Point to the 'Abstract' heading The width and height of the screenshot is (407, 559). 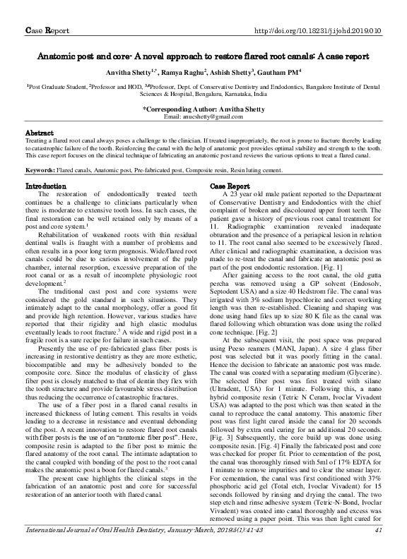coord(40,133)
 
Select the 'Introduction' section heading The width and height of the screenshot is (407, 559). coord(46,186)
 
